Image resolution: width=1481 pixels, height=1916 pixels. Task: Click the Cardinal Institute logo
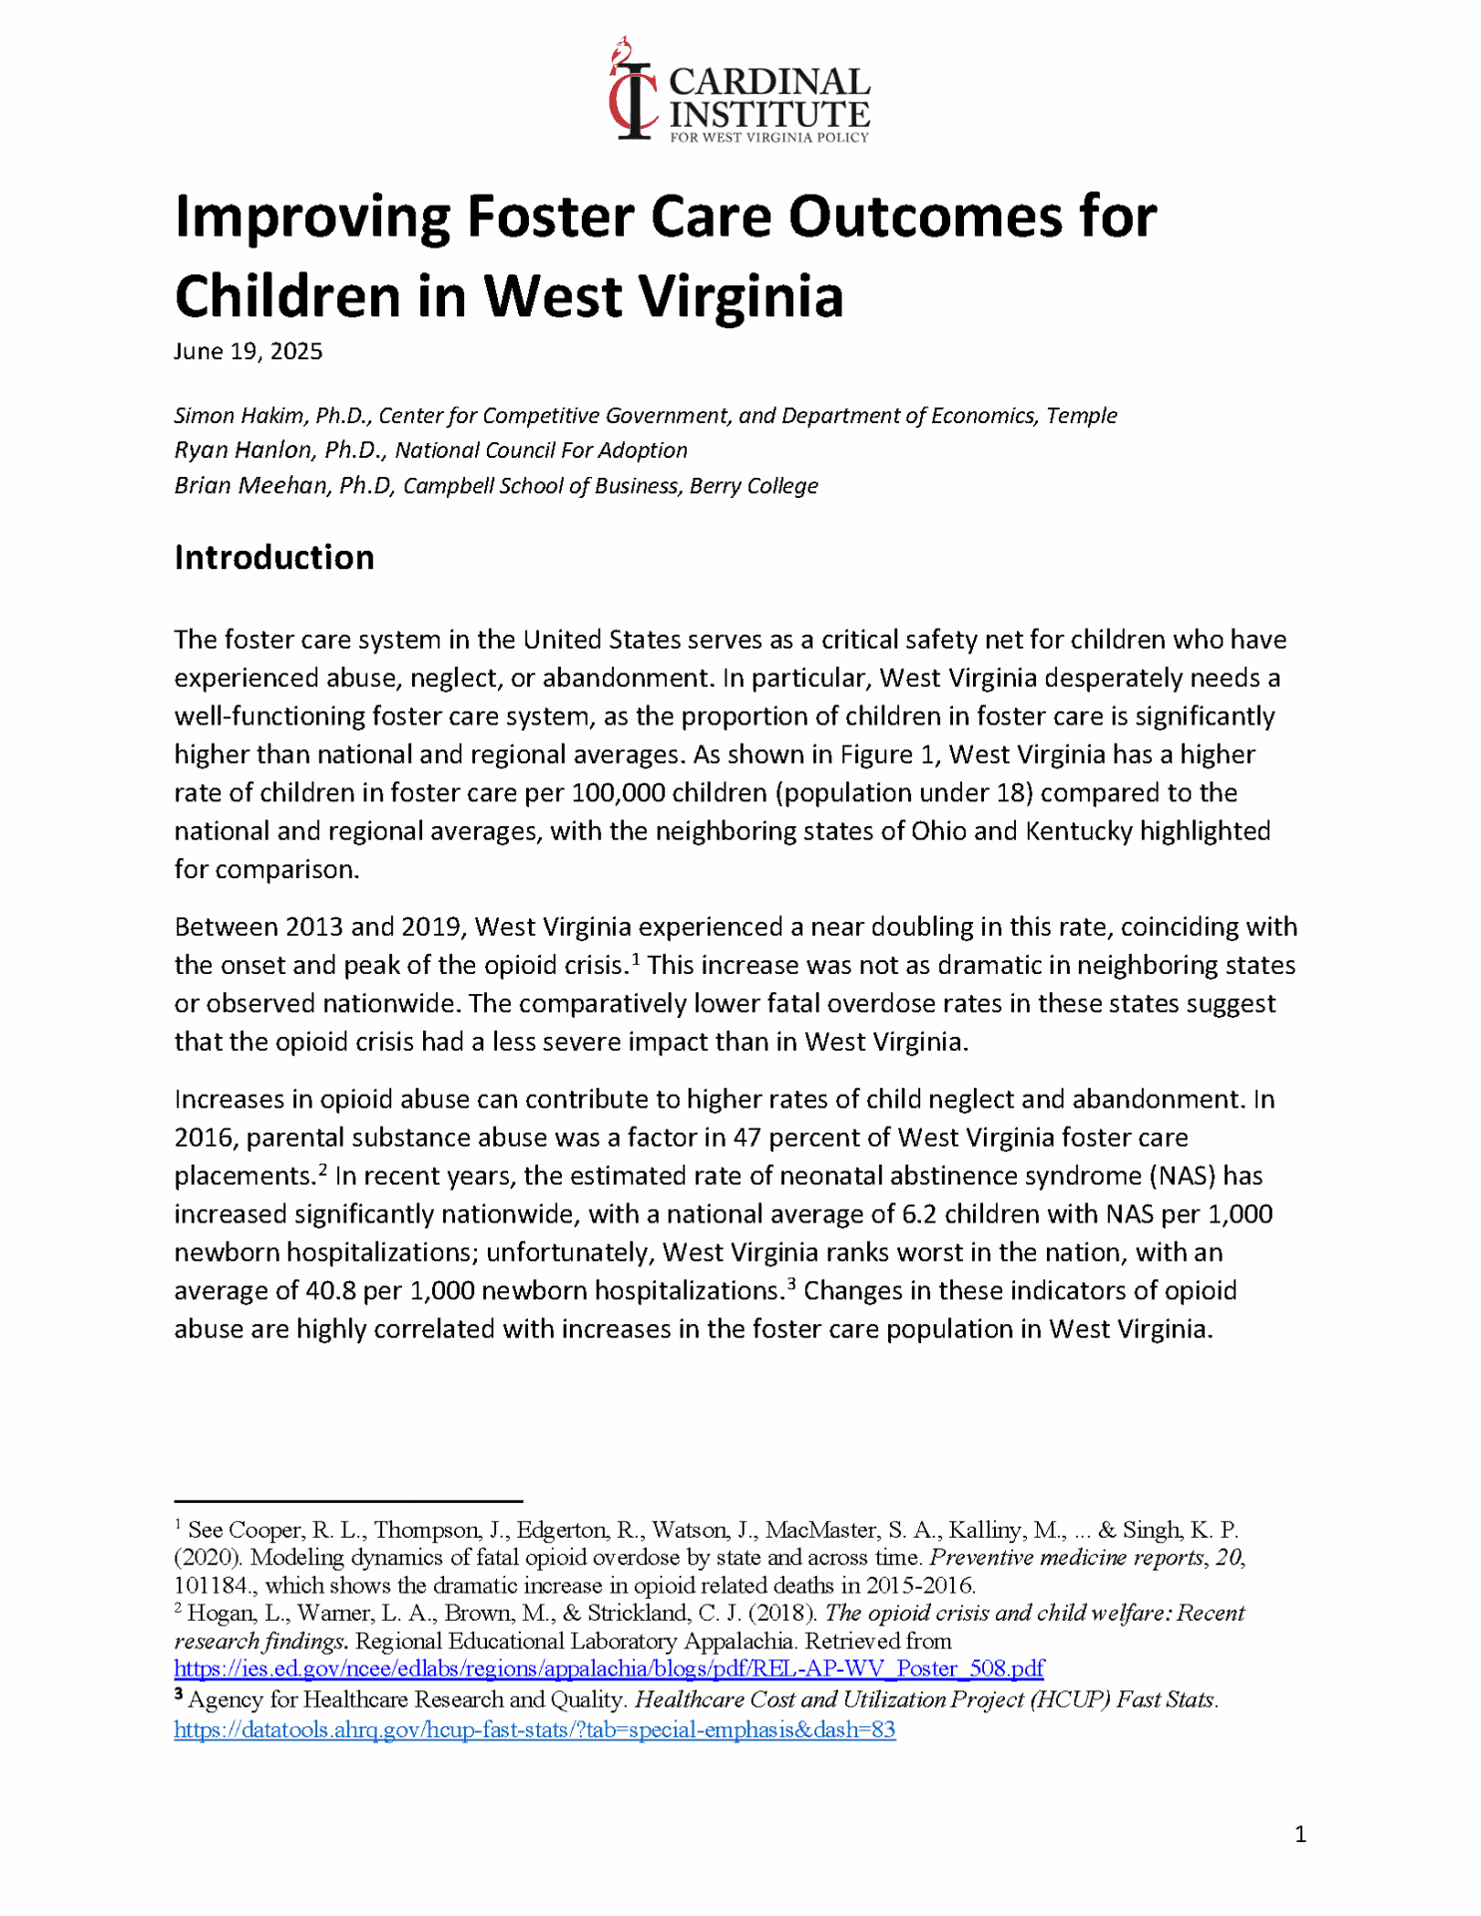coord(740,91)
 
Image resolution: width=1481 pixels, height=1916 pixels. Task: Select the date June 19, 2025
coord(248,352)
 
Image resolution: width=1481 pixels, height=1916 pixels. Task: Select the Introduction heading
coord(274,558)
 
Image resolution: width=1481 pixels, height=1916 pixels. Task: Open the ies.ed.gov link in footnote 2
coord(609,1669)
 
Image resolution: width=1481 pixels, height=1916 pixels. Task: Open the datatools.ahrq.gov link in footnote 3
coord(535,1729)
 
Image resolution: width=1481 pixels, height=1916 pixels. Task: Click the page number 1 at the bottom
coord(1299,1834)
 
